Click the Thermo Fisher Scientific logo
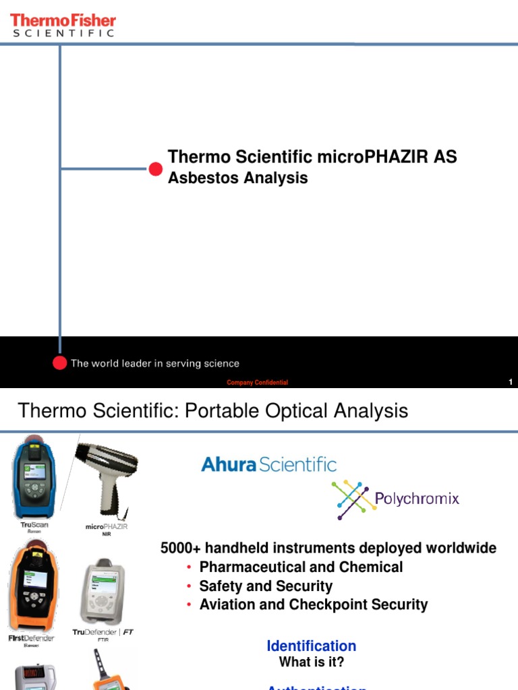63,24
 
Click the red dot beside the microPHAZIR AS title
156,168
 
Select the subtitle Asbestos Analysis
237,178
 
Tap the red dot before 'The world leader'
60,363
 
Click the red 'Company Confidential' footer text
257,383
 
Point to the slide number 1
511,383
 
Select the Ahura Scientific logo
268,464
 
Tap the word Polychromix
417,499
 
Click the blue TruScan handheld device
34,476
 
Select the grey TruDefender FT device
101,591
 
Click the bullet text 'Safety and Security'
266,586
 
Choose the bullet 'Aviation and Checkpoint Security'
313,605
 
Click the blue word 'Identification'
311,646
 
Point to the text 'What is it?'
312,662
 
